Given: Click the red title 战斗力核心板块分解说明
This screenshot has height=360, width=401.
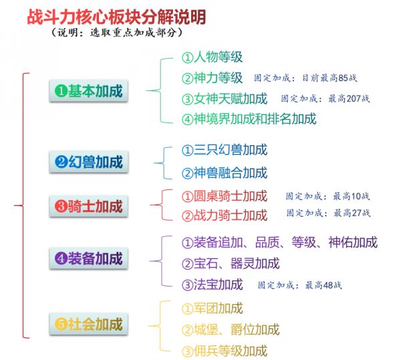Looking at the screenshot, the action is (116, 17).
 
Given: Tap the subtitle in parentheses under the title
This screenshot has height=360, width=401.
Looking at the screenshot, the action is (117, 33).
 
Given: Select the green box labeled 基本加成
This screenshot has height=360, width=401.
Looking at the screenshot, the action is (88, 91).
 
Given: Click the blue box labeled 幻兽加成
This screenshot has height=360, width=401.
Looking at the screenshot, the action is (88, 162).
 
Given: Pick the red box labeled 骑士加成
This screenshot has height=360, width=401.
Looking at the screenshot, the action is (88, 206).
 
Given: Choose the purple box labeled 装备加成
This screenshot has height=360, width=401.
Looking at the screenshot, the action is (88, 258).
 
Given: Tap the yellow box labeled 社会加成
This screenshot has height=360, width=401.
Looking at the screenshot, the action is (88, 324).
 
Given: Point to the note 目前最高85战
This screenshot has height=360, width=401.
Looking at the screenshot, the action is (329, 78).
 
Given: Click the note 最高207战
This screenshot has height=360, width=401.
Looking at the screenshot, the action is (349, 98).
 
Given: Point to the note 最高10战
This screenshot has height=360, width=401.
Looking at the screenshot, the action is (351, 196).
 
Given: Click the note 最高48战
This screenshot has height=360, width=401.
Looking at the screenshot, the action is (323, 285).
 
